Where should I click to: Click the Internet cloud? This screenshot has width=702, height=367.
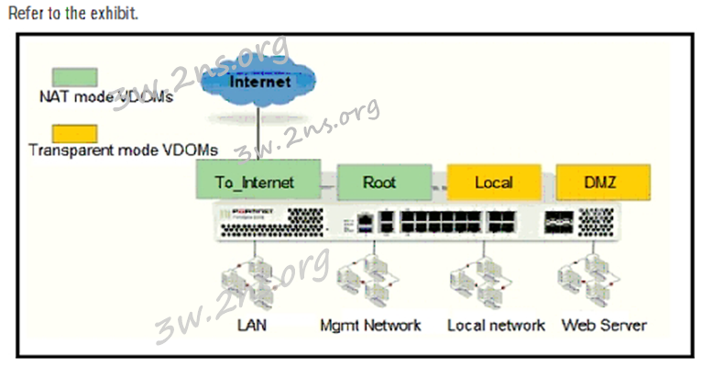(x=258, y=83)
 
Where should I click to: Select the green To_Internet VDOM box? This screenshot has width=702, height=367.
(x=257, y=182)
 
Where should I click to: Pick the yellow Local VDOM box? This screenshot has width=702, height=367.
(x=493, y=182)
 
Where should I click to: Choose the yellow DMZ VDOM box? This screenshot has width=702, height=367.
(x=602, y=182)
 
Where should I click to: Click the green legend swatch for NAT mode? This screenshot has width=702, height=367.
(x=75, y=76)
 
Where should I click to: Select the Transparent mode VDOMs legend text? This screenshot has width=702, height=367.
(x=124, y=150)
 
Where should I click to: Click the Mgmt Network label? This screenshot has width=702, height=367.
(x=370, y=325)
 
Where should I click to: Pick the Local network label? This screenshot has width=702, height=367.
(x=496, y=325)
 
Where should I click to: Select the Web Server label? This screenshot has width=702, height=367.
(x=604, y=325)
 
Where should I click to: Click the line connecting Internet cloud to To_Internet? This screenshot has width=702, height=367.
(x=258, y=138)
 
